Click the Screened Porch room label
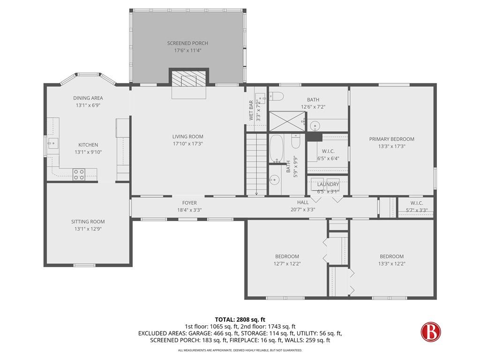coord(187,43)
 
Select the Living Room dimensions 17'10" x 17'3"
coord(187,144)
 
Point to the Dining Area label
coord(88,98)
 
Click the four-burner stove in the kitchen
coord(79,174)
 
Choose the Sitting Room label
coord(88,222)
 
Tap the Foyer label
coord(189,203)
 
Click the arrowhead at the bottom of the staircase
coord(256,193)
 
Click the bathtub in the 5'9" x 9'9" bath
coord(277,148)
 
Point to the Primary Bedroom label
coord(391,139)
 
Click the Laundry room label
coord(328,185)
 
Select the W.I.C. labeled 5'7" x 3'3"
coord(414,206)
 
